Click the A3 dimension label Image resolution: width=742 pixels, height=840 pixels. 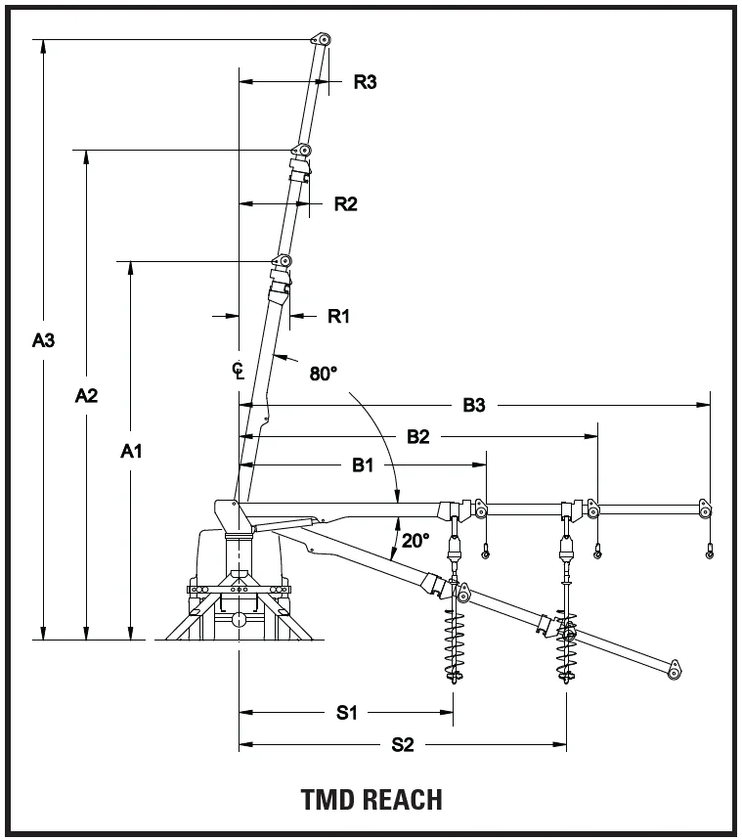pos(43,341)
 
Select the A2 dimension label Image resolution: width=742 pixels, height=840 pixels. pos(87,395)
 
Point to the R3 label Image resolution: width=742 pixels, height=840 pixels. pos(365,82)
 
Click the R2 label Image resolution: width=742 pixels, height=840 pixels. pos(346,204)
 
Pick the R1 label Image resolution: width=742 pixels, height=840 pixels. pos(338,316)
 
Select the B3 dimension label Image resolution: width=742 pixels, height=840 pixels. pos(474,405)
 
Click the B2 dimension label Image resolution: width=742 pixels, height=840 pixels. pos(418,437)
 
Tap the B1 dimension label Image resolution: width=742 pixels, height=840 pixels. pos(364,465)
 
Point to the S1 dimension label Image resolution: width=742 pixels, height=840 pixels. pos(347,713)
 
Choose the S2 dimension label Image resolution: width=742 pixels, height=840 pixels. pos(403,745)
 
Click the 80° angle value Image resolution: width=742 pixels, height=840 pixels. pos(324,374)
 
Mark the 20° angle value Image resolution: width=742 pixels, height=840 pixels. pos(416,540)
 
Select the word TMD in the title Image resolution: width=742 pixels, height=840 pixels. pos(328,799)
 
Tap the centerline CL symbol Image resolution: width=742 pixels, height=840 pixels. pos(238,370)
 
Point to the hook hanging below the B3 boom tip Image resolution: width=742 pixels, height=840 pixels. pos(710,554)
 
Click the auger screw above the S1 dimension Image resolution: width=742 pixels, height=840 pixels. pos(454,641)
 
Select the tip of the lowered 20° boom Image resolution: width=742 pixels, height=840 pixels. pos(674,672)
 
